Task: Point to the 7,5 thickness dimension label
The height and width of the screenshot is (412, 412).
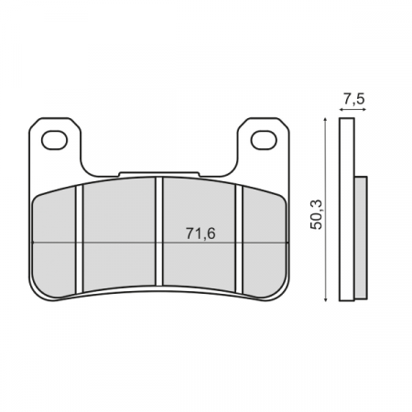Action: coord(352,98)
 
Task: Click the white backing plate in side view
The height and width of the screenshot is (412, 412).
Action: coord(346,211)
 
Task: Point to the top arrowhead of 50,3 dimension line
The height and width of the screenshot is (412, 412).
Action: coord(326,122)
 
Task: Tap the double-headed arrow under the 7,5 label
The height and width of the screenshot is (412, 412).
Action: coord(352,109)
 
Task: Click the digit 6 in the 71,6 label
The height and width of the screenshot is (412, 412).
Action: coord(208,233)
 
